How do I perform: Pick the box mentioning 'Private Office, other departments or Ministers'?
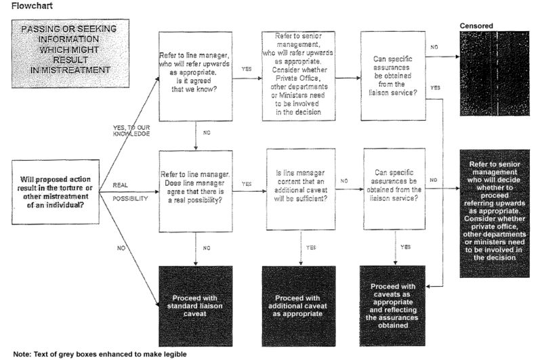[299, 76]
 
